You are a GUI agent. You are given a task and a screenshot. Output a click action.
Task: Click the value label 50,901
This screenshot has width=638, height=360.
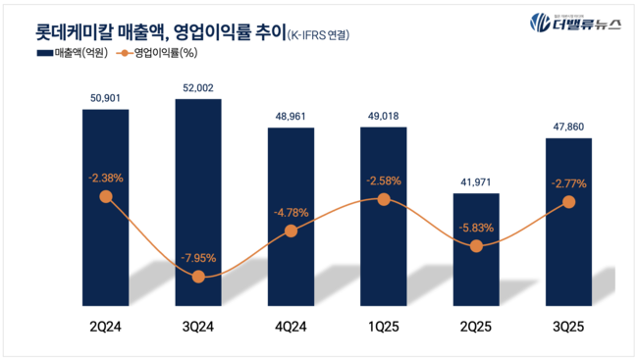point(106,97)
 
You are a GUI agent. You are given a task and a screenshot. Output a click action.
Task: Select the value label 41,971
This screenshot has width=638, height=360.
point(476,181)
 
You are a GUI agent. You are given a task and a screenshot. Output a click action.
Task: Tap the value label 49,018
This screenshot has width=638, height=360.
point(384,117)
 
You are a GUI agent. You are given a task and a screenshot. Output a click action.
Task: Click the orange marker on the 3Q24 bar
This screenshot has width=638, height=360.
point(198,277)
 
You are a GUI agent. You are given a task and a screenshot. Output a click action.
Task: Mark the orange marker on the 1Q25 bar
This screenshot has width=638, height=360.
point(384,199)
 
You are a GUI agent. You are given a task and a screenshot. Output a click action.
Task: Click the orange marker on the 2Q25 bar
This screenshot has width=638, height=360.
point(476,246)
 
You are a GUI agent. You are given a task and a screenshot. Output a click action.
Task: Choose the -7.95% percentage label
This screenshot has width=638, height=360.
point(198,258)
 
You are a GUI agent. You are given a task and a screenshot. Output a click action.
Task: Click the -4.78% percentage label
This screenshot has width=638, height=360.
point(292,212)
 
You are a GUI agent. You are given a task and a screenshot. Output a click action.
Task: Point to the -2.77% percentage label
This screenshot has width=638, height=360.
point(568,182)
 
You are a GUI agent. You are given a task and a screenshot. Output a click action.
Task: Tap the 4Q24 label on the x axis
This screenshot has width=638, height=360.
point(292,324)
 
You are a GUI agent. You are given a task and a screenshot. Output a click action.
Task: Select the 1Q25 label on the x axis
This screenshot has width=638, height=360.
point(384,324)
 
